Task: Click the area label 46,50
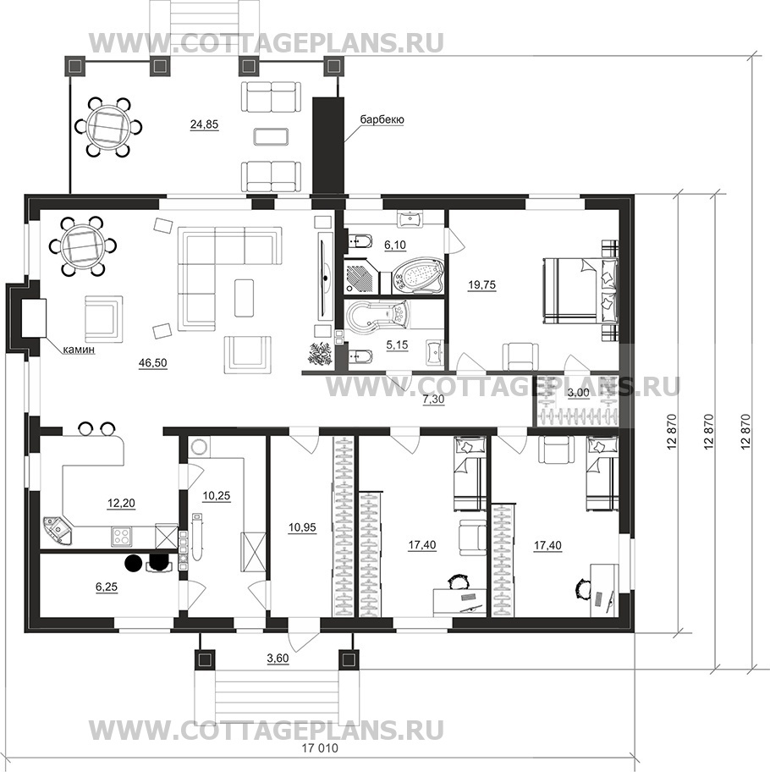click(x=153, y=363)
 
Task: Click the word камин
click(x=78, y=350)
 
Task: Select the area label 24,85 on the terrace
click(x=204, y=124)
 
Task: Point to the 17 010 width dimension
click(x=320, y=748)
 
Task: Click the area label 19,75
click(x=482, y=284)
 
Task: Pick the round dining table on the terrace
click(x=107, y=126)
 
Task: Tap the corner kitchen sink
click(x=57, y=529)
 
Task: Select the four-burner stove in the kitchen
click(x=122, y=535)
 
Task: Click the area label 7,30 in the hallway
click(x=433, y=400)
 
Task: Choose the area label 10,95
click(x=302, y=528)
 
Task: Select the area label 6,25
click(x=107, y=587)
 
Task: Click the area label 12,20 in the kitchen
click(x=121, y=503)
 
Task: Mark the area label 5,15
click(x=397, y=345)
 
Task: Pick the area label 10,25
click(x=217, y=496)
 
